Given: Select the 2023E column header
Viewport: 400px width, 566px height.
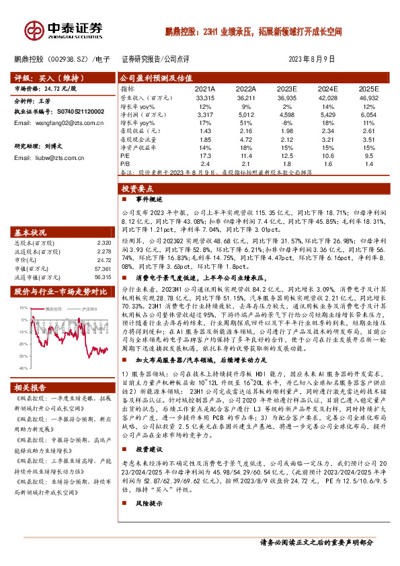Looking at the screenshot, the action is click(286, 89).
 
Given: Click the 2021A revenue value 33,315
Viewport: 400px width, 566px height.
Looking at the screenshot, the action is click(204, 97).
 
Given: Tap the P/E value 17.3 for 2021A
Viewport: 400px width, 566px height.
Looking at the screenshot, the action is click(206, 155).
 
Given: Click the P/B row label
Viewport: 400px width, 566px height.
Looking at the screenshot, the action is click(125, 163).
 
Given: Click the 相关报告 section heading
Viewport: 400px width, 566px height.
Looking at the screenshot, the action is click(33, 388).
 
